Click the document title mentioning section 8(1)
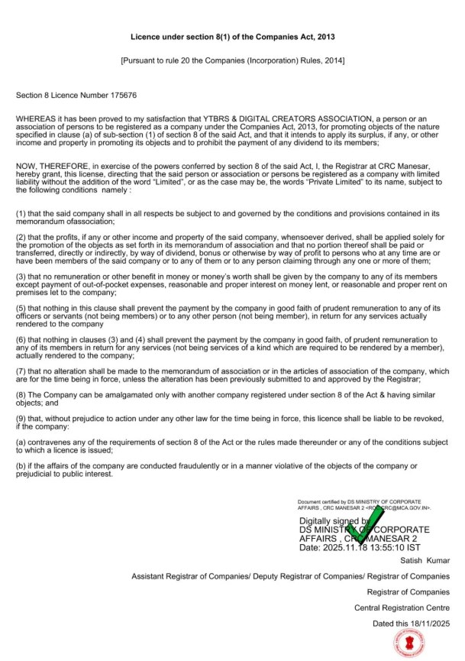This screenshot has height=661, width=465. [232, 37]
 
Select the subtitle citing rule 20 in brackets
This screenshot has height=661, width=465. [232, 60]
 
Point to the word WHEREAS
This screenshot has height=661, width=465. [35, 119]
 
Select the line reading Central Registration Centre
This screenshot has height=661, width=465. [402, 608]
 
